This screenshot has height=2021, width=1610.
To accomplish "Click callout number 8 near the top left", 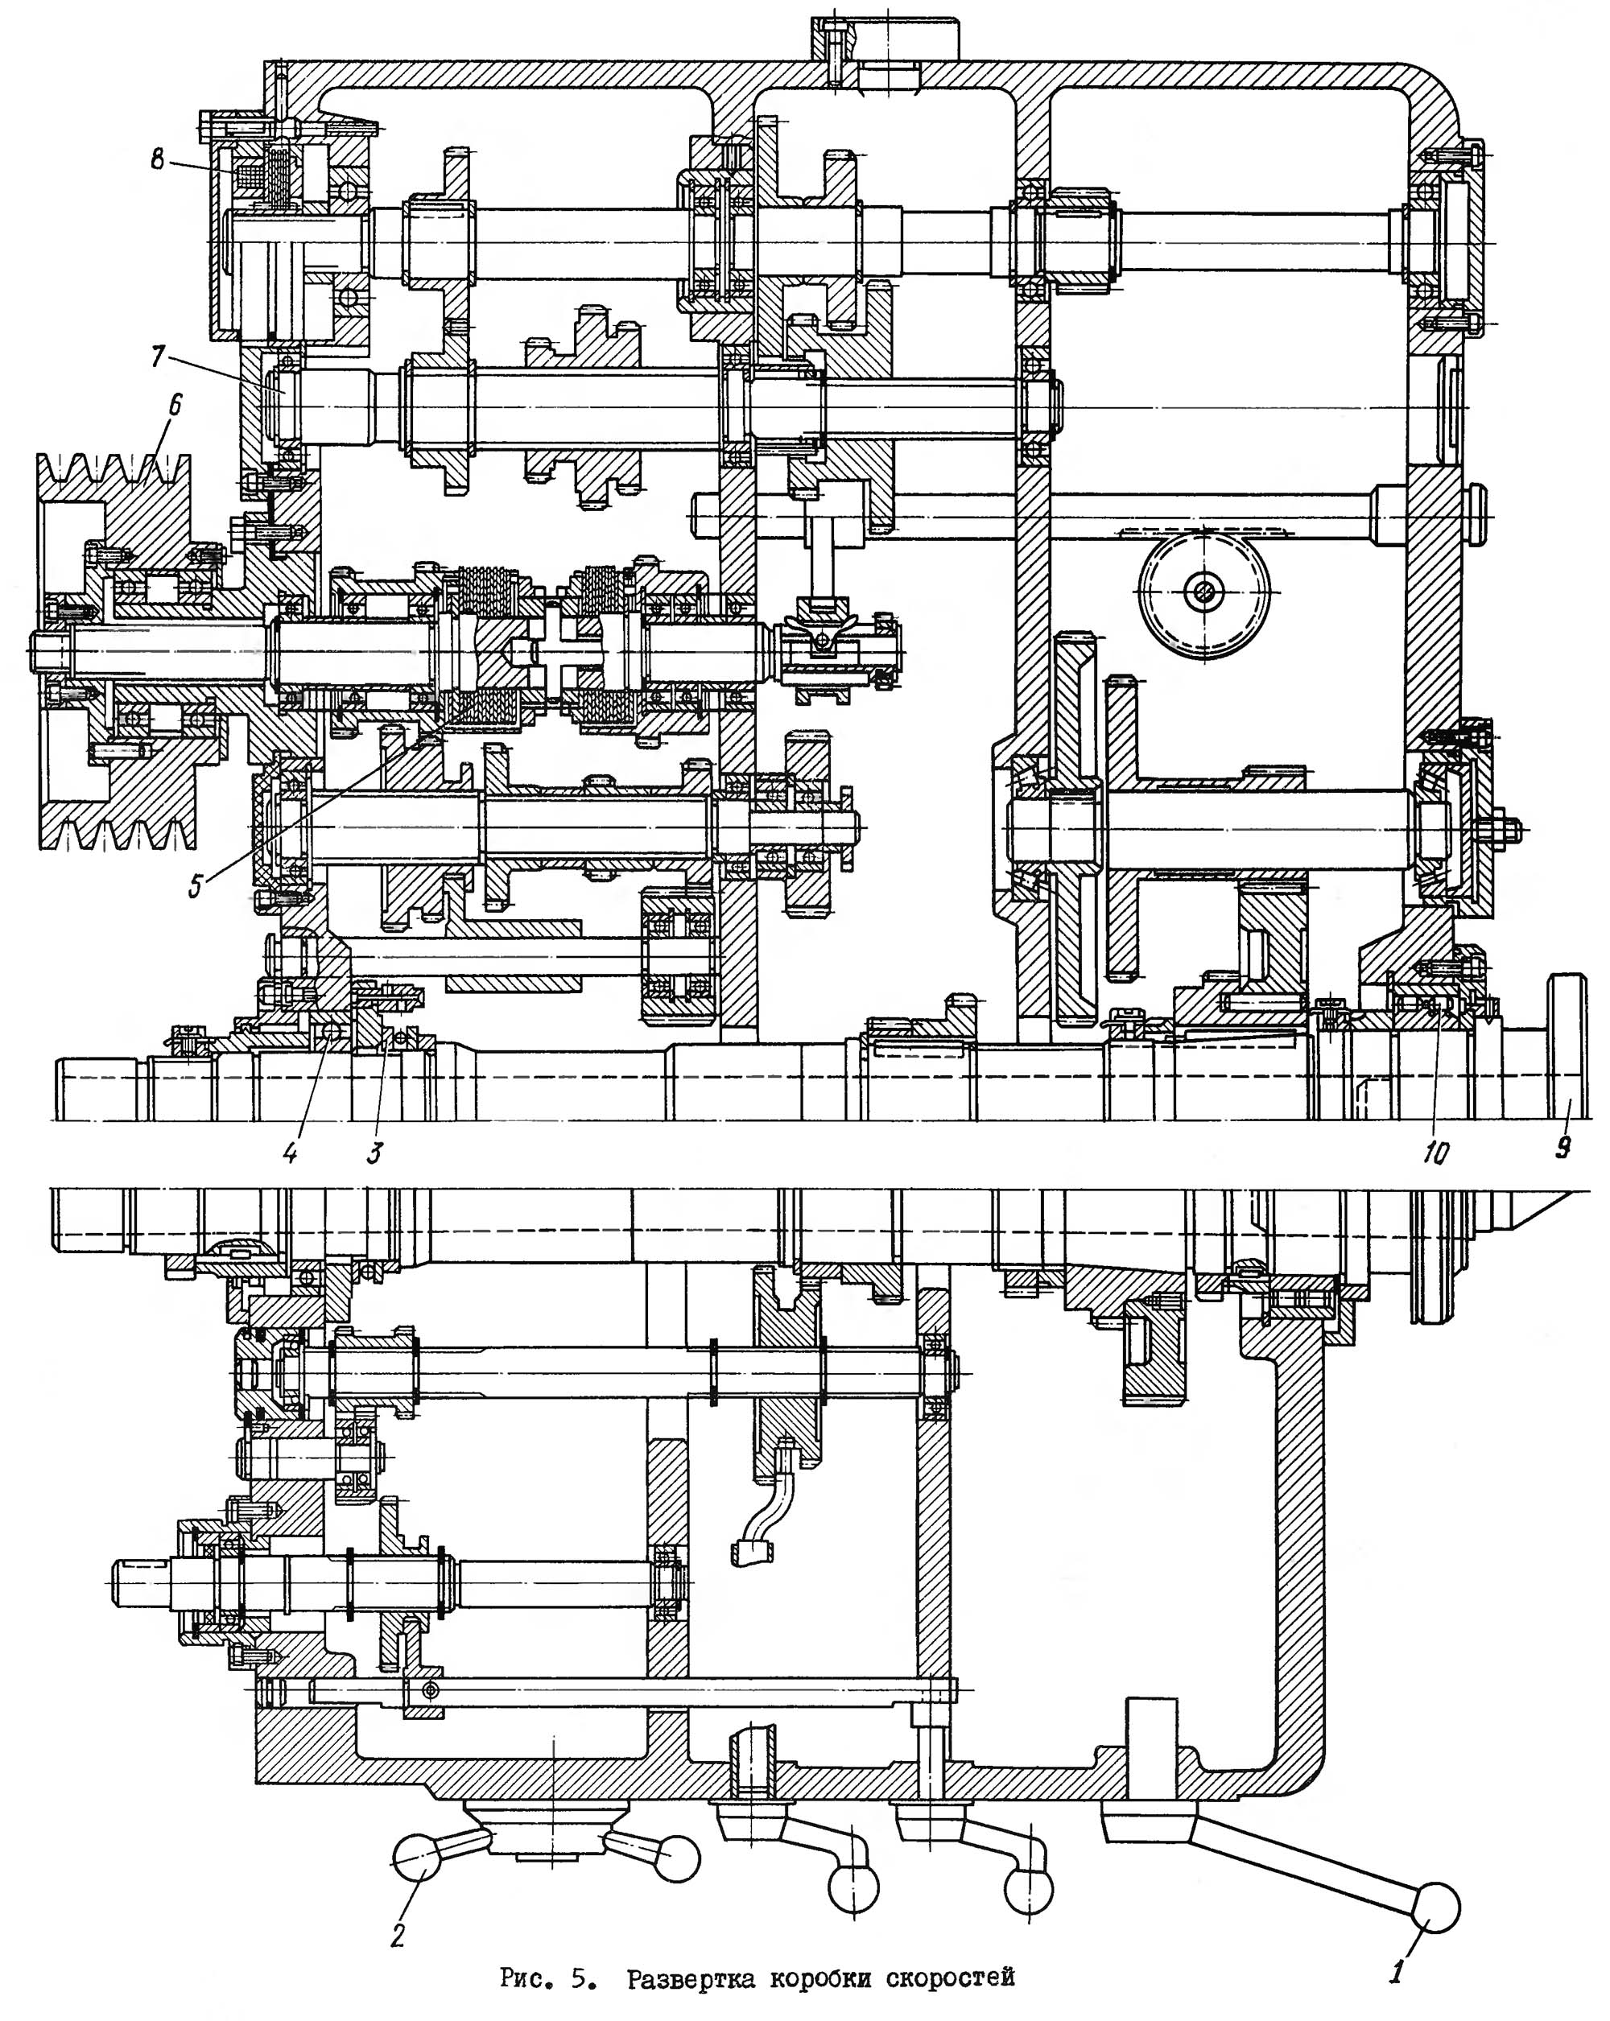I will point(157,159).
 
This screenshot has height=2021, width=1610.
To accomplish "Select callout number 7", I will point(158,357).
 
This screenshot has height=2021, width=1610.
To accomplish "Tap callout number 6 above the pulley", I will point(175,405).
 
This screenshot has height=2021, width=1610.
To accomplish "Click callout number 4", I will point(291,1152).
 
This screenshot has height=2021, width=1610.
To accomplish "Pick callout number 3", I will point(374,1152).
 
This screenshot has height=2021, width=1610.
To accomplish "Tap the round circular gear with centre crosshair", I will point(1203,592).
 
